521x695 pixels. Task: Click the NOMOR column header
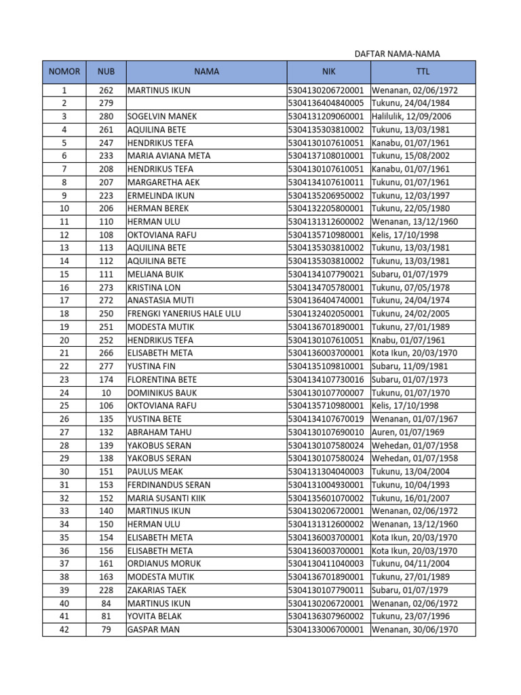click(64, 71)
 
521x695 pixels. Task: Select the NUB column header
click(106, 71)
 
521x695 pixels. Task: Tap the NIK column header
click(328, 71)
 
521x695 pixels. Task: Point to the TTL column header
click(423, 71)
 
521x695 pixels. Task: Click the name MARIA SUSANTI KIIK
click(166, 498)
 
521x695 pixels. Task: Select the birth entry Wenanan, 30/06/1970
click(414, 630)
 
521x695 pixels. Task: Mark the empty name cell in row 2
click(206, 103)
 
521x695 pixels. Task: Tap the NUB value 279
click(106, 103)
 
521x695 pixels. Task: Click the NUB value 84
click(106, 603)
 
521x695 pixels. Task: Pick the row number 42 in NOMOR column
click(64, 630)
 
